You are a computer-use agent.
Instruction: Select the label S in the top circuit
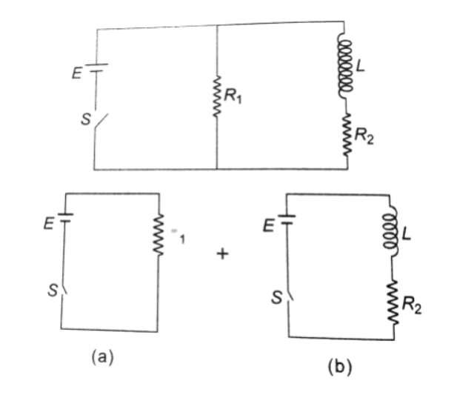[x=84, y=118]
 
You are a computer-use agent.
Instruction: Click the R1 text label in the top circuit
[x=236, y=98]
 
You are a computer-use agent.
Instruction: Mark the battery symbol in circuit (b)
[x=287, y=219]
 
